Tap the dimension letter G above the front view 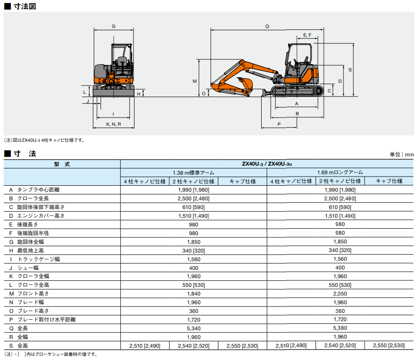(x=113, y=26)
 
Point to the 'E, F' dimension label (x=307, y=35)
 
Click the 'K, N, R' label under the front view (x=113, y=124)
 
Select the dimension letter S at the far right (x=350, y=70)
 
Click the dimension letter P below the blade (x=279, y=124)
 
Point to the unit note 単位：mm (x=402, y=155)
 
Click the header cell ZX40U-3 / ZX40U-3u (x=267, y=164)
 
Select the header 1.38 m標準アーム (x=193, y=172)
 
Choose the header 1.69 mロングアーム (x=340, y=172)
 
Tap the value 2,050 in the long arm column (x=340, y=294)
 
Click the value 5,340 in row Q (x=193, y=328)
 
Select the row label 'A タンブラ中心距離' (x=37, y=189)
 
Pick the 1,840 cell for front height (x=193, y=294)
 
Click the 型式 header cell (x=62, y=164)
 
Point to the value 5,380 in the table (x=340, y=328)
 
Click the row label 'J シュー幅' (x=27, y=268)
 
